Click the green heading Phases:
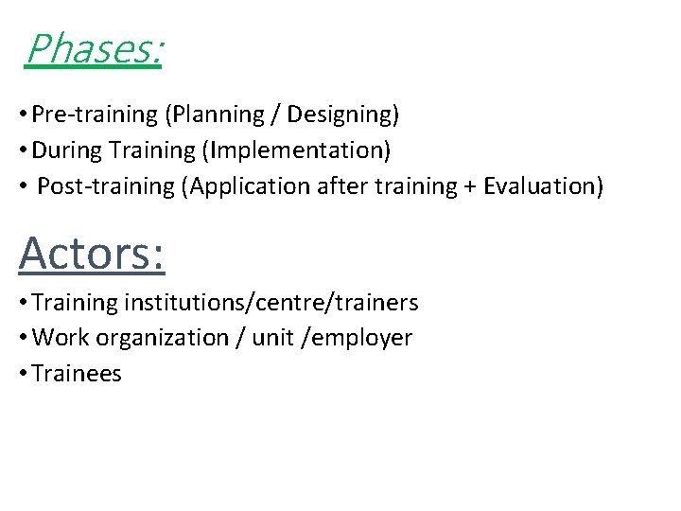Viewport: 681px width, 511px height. click(x=94, y=49)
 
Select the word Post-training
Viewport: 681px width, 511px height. click(x=105, y=185)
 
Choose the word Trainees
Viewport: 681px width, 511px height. click(x=77, y=374)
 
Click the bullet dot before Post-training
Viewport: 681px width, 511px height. click(x=23, y=186)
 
